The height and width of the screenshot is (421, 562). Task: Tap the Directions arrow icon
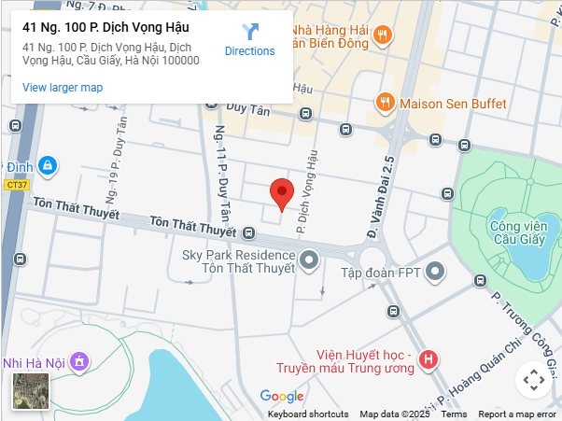[250, 33]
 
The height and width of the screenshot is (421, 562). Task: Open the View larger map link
[63, 88]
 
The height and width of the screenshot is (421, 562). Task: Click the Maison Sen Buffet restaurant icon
[384, 103]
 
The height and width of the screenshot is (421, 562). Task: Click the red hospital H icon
[429, 359]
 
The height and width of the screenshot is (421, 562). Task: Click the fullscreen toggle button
[533, 380]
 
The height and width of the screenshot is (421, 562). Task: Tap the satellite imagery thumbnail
[31, 391]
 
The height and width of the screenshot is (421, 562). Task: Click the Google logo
[282, 397]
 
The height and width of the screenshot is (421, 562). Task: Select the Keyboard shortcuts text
[308, 414]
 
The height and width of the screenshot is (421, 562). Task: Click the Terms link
[454, 414]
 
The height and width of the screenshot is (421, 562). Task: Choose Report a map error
[517, 414]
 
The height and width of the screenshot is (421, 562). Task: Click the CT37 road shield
[17, 185]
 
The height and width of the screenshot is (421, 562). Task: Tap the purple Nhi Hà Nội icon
[80, 360]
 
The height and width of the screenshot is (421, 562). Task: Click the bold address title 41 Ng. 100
[105, 27]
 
